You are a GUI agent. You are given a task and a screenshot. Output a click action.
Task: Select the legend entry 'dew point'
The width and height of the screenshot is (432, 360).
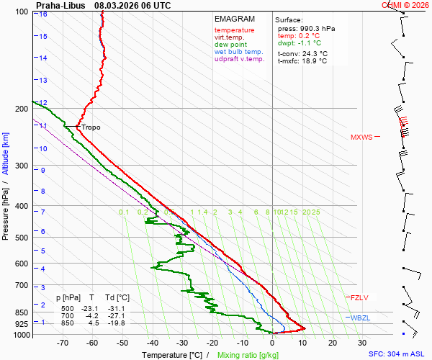[x=230, y=45]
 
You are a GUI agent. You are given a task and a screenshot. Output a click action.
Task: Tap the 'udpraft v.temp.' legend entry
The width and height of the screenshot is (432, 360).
[x=239, y=59]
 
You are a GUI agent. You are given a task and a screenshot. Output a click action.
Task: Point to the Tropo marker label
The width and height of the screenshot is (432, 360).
[x=91, y=127]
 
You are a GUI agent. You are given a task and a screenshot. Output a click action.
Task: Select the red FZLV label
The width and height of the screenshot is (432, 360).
[x=359, y=297]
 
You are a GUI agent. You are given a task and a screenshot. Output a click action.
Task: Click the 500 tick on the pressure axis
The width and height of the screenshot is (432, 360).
[x=22, y=238]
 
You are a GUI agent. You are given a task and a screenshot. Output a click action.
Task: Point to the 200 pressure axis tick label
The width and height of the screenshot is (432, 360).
[x=22, y=109]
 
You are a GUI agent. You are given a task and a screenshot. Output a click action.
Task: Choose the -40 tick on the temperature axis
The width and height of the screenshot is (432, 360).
[x=152, y=343]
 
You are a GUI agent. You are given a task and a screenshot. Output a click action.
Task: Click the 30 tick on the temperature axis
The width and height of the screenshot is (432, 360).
[x=362, y=343]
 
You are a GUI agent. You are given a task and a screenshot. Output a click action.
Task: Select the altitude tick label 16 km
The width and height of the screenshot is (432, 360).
[x=43, y=14]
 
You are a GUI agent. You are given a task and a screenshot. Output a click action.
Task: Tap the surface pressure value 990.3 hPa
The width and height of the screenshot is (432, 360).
[x=317, y=28]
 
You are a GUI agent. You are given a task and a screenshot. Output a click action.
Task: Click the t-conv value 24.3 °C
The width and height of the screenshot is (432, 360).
[x=312, y=53]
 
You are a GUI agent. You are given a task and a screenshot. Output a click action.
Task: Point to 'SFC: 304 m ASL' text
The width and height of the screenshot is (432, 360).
[x=398, y=354]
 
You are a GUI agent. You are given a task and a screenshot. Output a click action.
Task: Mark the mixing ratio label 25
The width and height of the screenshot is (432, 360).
[x=315, y=212]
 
